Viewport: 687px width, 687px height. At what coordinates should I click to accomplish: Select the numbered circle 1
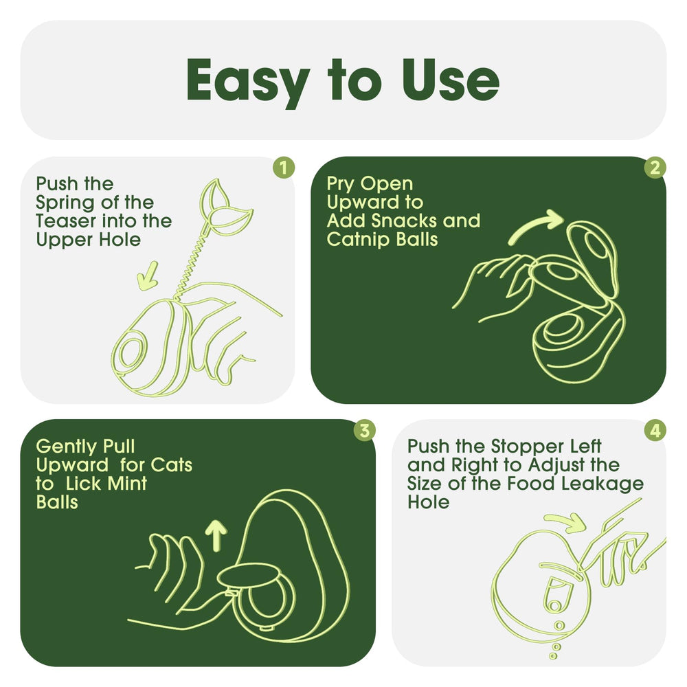[x=284, y=168]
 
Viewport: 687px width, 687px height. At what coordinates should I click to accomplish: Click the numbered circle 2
[x=655, y=168]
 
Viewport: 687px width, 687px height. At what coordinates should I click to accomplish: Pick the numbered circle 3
[x=365, y=430]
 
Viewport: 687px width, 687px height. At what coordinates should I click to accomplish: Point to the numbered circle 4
[x=655, y=430]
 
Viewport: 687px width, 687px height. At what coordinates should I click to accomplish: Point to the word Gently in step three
[x=67, y=448]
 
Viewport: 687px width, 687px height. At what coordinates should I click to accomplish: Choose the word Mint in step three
[x=127, y=484]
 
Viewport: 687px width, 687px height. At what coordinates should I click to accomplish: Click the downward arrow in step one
[x=148, y=276]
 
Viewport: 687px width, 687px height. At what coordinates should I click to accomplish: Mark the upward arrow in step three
[x=216, y=535]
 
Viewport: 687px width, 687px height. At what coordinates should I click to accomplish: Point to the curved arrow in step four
[x=565, y=522]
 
